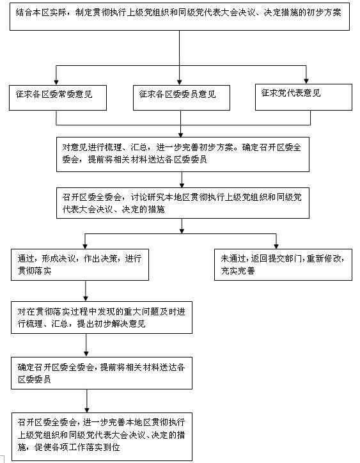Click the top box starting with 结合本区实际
[x=180, y=16]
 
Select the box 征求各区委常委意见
[x=58, y=98]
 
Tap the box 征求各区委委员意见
[x=182, y=98]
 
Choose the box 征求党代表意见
[x=304, y=97]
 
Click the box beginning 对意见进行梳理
[x=183, y=154]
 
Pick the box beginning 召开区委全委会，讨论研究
[x=183, y=203]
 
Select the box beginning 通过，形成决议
[x=80, y=265]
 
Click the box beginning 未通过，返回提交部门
[x=283, y=265]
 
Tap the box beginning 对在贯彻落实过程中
[x=102, y=317]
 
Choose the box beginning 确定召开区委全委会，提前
[x=102, y=373]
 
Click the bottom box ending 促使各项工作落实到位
[x=102, y=437]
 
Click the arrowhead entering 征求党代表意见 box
[x=306, y=81]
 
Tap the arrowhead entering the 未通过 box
[x=276, y=246]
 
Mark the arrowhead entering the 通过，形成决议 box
[x=85, y=246]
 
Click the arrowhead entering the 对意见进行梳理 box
[x=181, y=134]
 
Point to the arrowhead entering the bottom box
[x=87, y=410]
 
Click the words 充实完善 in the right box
[x=238, y=271]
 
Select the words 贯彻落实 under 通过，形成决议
[x=35, y=271]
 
